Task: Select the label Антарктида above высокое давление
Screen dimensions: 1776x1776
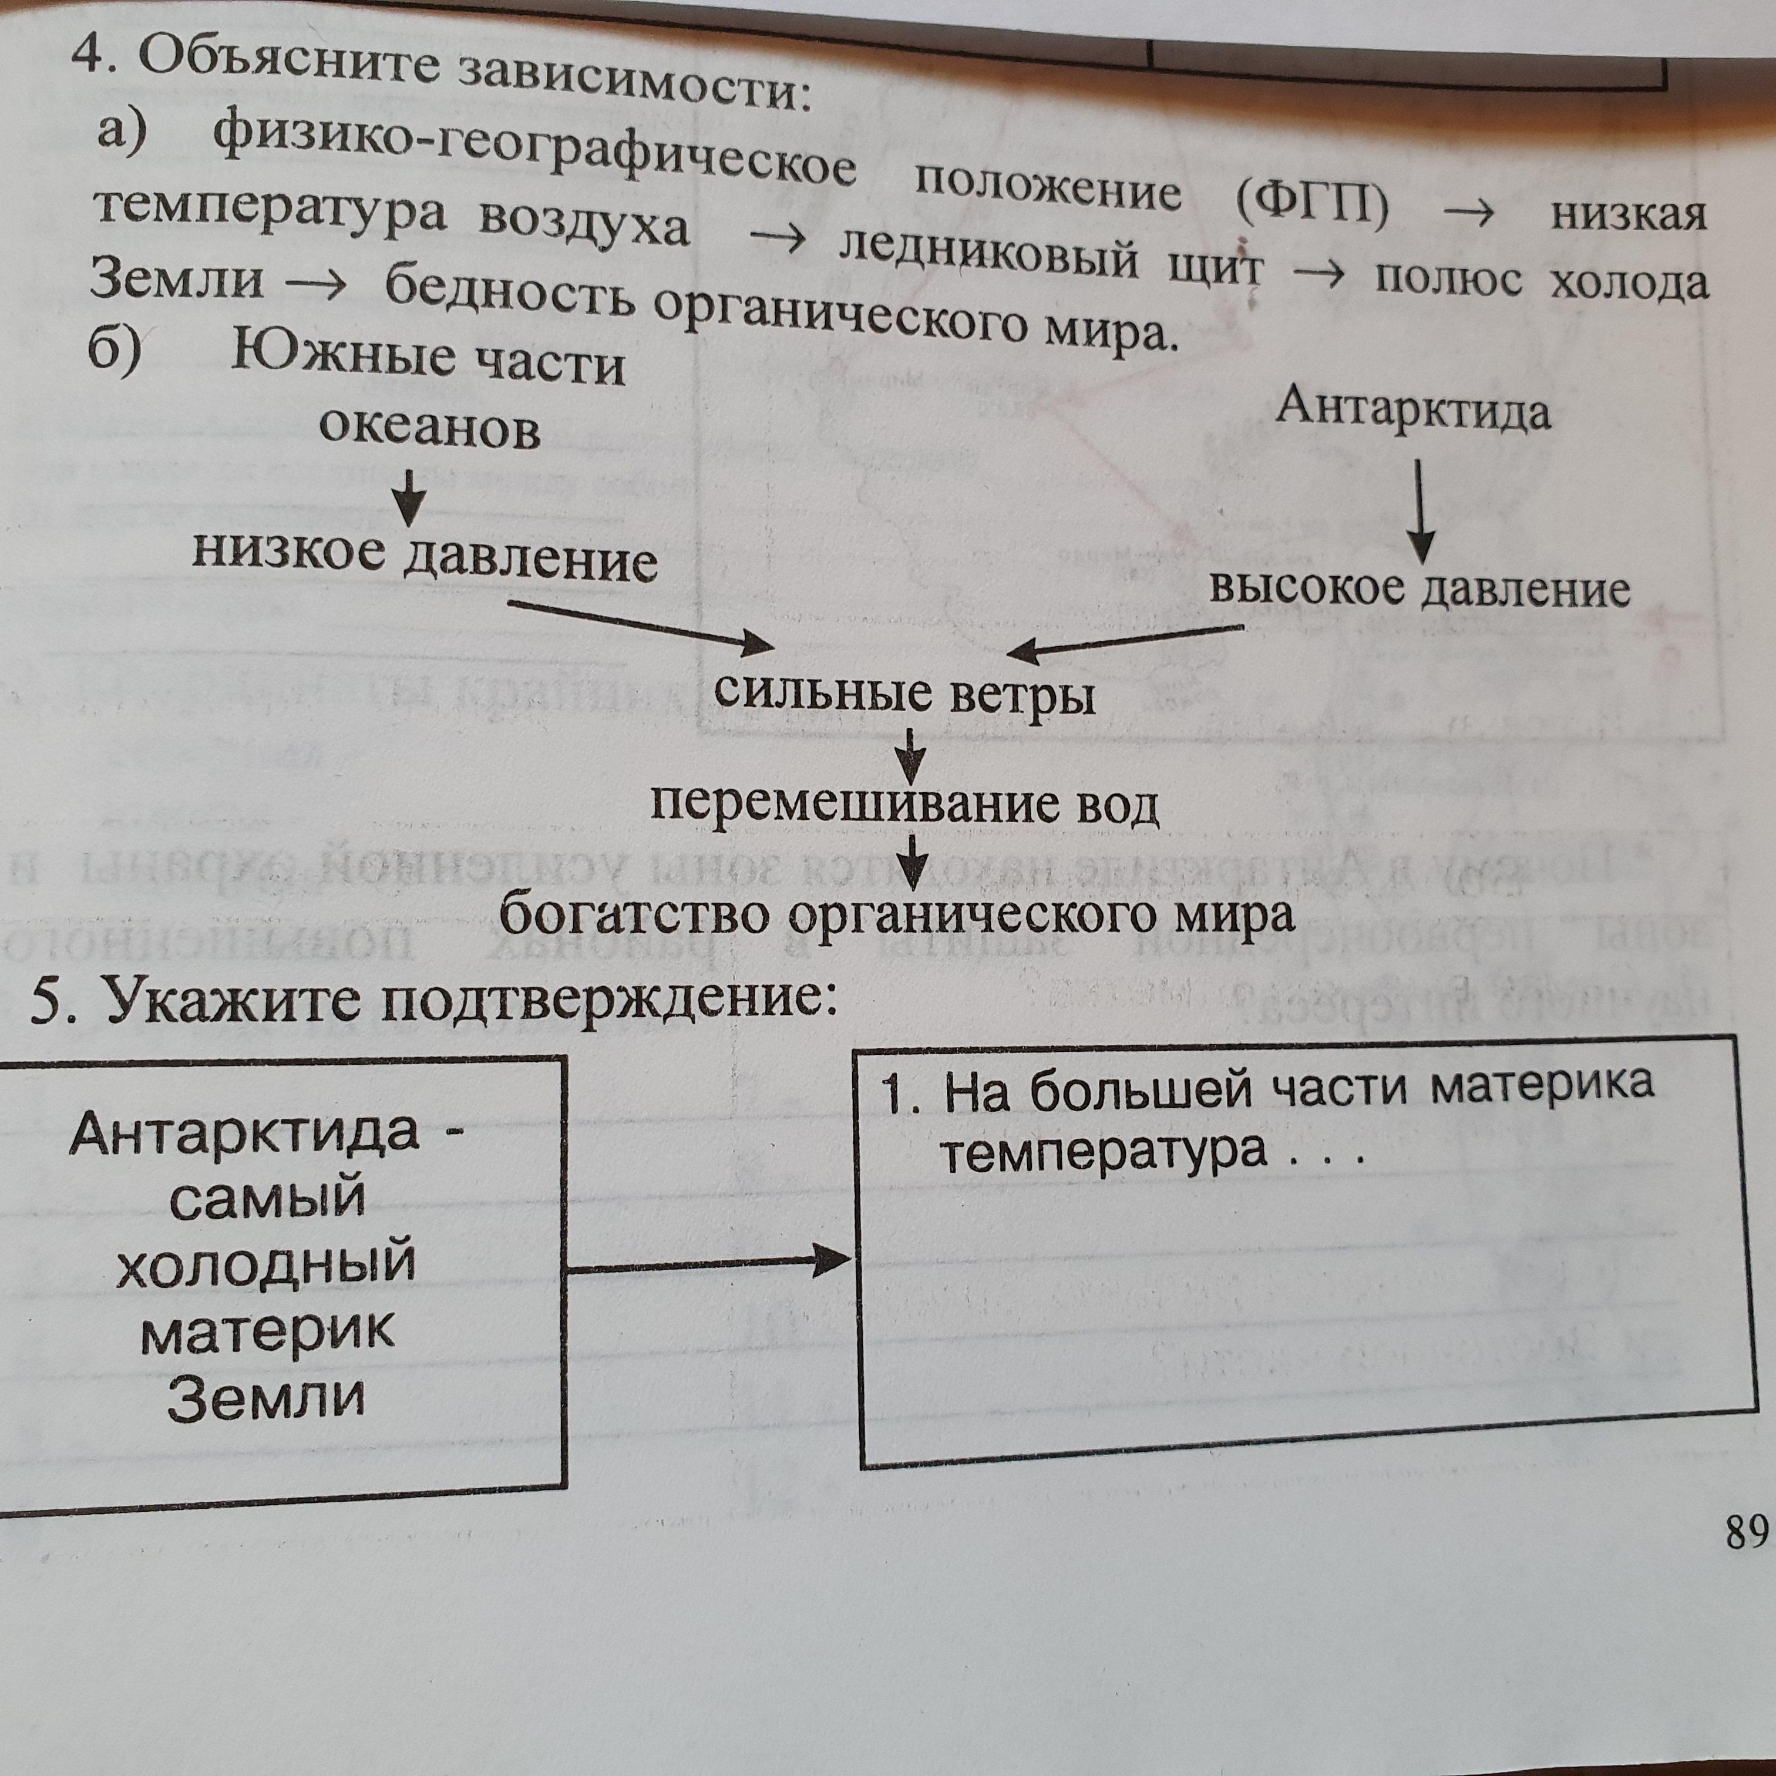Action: [x=1413, y=410]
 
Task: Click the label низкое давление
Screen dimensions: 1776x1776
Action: [x=425, y=556]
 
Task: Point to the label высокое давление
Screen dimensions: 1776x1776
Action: [x=1420, y=589]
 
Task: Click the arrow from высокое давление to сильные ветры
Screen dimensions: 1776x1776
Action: [x=1125, y=641]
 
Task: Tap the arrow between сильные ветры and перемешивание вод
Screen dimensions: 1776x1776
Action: [x=911, y=751]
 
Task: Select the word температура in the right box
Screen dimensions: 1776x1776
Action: [x=1103, y=1150]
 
